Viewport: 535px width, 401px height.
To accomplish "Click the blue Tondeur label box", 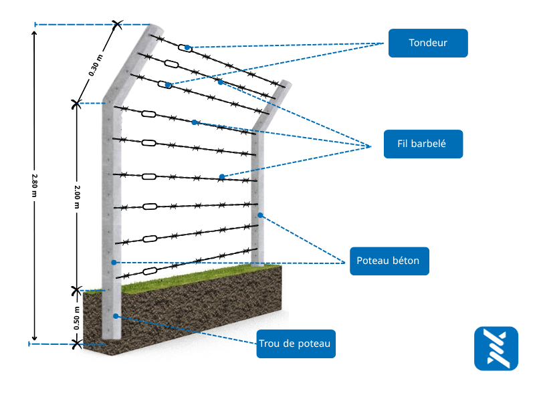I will click(428, 43).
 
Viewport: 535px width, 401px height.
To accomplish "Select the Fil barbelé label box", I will click(423, 144).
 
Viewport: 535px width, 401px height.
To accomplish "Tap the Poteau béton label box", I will click(389, 261).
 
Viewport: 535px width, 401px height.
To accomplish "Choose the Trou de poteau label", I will click(296, 344).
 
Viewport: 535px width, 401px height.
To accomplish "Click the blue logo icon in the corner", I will click(496, 348).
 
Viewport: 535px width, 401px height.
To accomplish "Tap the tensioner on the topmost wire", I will click(185, 47).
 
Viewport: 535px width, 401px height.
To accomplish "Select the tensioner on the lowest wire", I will click(150, 271).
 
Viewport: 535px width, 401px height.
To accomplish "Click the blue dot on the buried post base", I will click(116, 315).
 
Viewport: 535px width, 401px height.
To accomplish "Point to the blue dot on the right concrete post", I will click(261, 215).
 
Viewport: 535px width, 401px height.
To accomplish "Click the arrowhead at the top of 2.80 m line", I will click(35, 29).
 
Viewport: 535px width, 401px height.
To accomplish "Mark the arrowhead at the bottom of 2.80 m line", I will click(35, 339).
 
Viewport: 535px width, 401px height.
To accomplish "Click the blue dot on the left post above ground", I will click(114, 262).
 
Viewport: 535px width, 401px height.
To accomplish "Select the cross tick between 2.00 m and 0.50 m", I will click(76, 290).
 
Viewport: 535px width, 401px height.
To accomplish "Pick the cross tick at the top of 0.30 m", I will click(118, 25).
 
